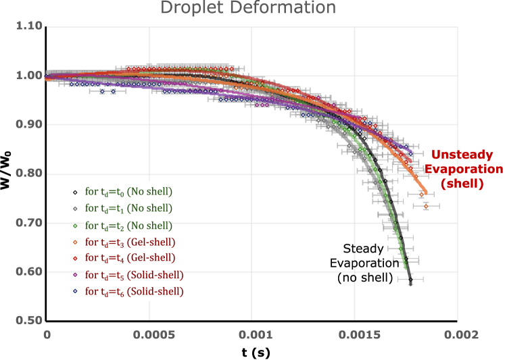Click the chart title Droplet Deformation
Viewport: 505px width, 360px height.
pyautogui.click(x=248, y=8)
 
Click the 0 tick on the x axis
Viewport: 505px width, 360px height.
pyautogui.click(x=47, y=334)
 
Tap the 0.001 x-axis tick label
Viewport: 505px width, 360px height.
pyautogui.click(x=251, y=334)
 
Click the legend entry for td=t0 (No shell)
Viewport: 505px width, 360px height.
pyautogui.click(x=128, y=191)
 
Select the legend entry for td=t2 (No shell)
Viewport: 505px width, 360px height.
pyautogui.click(x=128, y=225)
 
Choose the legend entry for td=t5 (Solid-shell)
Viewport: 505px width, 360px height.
pyautogui.click(x=134, y=275)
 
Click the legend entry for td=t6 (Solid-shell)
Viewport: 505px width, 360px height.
pyautogui.click(x=134, y=292)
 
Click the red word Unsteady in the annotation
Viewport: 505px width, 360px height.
pyautogui.click(x=459, y=155)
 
